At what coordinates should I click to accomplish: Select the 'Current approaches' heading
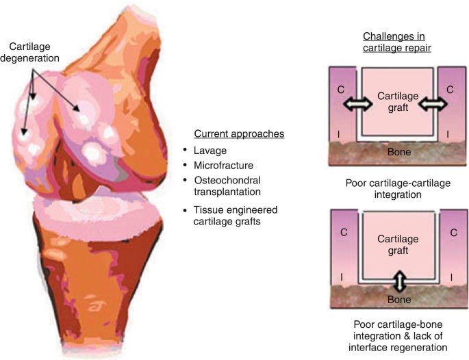coord(233,133)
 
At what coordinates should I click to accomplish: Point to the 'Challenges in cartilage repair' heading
coord(398,42)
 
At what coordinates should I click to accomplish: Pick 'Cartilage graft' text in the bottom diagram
coord(397,245)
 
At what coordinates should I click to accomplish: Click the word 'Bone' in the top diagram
coord(398,152)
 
